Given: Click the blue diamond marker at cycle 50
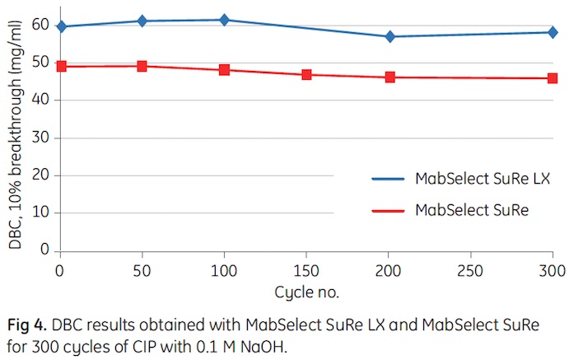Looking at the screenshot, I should click(x=142, y=21).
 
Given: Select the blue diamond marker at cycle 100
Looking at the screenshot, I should click(x=224, y=19).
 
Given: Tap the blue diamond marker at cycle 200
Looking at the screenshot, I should click(x=389, y=36).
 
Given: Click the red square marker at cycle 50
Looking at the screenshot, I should click(x=142, y=66).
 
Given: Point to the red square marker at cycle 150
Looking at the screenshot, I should click(x=306, y=74).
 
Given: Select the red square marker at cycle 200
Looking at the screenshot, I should click(x=389, y=77).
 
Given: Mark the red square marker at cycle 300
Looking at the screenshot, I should click(x=553, y=78).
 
